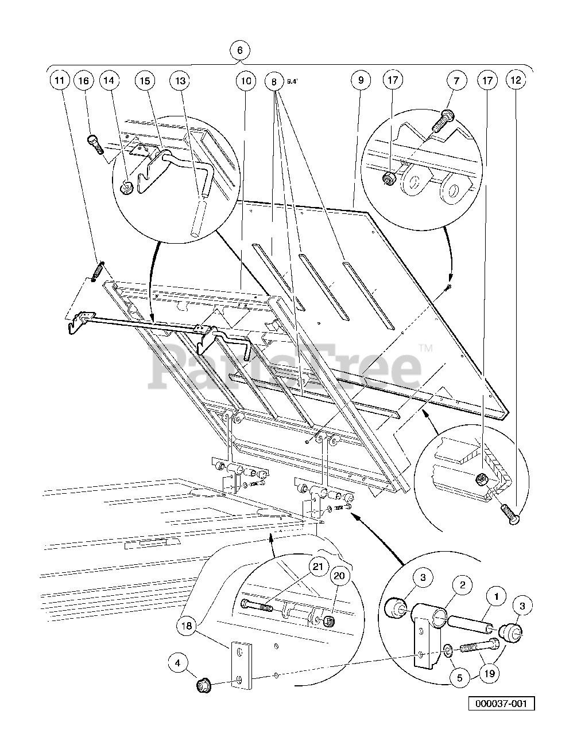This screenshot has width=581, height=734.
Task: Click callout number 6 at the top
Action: [x=240, y=50]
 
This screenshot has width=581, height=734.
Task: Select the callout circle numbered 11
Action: [x=59, y=81]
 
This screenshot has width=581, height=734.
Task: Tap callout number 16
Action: [x=84, y=81]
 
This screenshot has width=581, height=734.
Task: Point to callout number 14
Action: [x=109, y=81]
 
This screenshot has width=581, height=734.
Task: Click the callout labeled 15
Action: [x=145, y=81]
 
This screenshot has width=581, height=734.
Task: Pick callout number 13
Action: [x=180, y=81]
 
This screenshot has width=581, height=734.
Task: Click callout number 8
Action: [x=274, y=81]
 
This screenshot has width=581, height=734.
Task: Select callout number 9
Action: [x=361, y=81]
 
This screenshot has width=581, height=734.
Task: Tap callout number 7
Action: [x=456, y=81]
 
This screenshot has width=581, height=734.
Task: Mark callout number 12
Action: [x=516, y=81]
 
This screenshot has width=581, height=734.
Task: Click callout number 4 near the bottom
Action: [x=178, y=665]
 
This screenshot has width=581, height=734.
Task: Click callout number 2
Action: [x=462, y=585]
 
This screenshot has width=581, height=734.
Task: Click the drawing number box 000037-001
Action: [x=501, y=704]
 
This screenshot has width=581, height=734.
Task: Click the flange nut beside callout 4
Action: [x=202, y=684]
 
